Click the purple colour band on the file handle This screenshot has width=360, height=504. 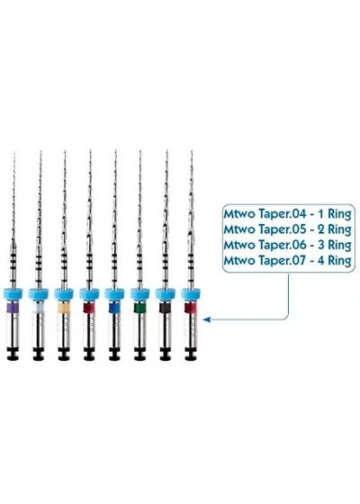[x=13, y=308]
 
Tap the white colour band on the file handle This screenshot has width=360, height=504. [x=38, y=308]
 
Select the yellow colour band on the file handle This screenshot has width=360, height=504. [x=64, y=308]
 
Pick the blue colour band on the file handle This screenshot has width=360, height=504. [x=115, y=308]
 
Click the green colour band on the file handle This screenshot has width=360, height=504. [x=139, y=308]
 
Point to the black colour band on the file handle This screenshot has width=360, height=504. [x=166, y=308]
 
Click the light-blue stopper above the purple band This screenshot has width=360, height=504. [x=13, y=293]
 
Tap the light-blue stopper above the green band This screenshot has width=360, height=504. [x=139, y=293]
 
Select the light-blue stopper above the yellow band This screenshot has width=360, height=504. [x=64, y=293]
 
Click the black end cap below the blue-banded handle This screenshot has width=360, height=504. [x=115, y=354]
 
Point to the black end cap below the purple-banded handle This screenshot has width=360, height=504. [x=13, y=354]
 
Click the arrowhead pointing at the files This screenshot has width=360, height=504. [x=207, y=319]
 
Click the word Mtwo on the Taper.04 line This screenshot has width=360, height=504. [x=240, y=214]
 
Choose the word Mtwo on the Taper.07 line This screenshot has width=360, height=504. [x=240, y=260]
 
